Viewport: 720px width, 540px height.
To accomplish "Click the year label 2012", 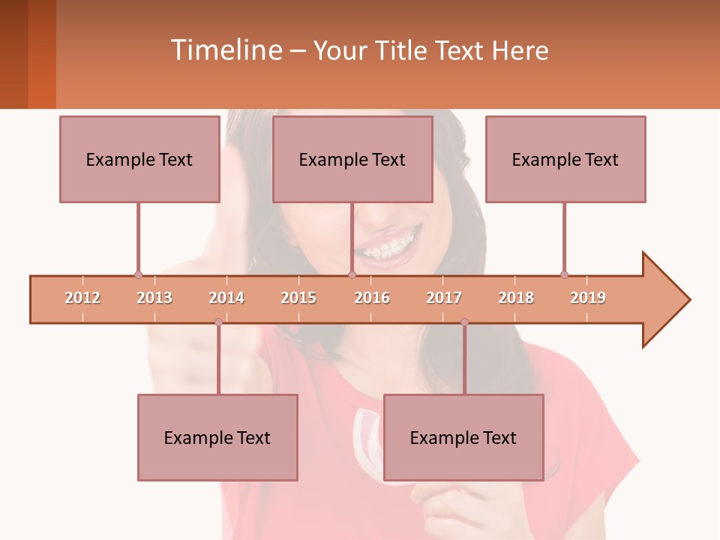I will pos(82,298).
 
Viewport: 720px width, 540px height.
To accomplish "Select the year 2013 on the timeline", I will pos(154,298).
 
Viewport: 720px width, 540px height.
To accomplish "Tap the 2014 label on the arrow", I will pos(226,298).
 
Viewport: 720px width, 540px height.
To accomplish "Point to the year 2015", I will pos(298,298).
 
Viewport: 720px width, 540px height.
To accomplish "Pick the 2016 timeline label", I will pos(372,298).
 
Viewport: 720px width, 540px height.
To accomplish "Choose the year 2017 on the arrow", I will pos(444,298).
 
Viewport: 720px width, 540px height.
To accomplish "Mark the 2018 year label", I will pos(516,298).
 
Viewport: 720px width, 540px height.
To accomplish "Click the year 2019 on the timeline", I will pos(588,298).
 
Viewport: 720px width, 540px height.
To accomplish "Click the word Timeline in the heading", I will pos(226,50).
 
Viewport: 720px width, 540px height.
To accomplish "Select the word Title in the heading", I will pos(400,50).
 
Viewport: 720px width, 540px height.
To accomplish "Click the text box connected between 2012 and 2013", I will pos(139,159).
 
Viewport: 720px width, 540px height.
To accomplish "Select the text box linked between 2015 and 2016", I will pos(352,159).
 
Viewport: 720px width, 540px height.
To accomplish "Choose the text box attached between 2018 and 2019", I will pos(565,159).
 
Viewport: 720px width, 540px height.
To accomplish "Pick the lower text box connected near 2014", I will pos(217,437).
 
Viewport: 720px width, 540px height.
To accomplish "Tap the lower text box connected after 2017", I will pos(463,437).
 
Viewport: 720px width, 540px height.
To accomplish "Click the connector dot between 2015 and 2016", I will pos(352,274).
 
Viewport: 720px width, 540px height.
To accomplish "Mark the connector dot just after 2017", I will pos(464,322).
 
